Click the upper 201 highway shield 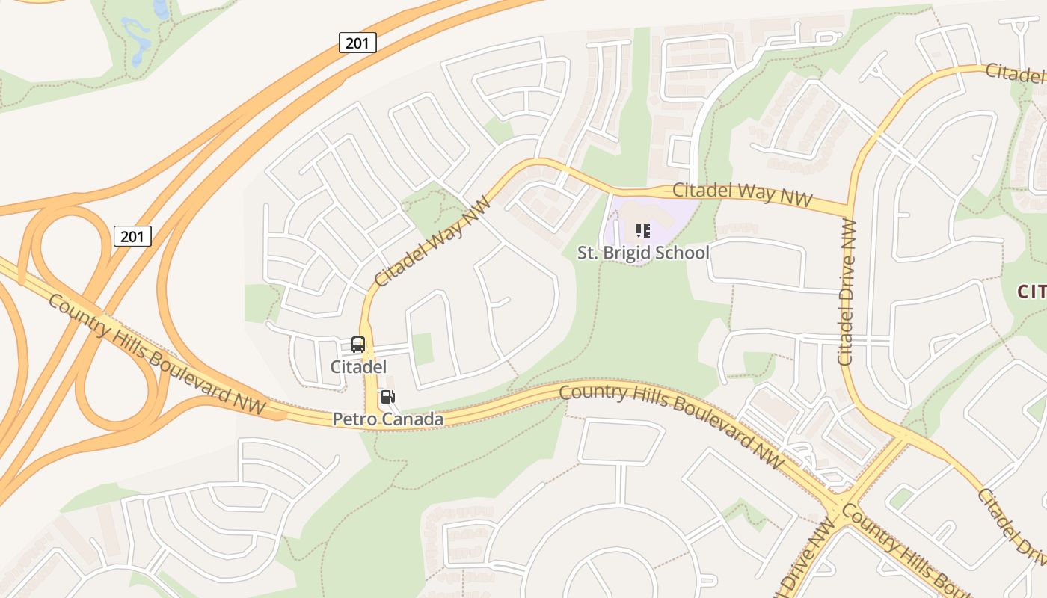coord(357,43)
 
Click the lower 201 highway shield coord(132,237)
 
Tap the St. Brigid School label coord(643,253)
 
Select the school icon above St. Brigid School coord(642,231)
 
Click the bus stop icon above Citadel coord(358,345)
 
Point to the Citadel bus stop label coord(358,366)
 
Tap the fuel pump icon coord(387,397)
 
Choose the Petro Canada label coord(387,419)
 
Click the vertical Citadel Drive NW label coord(847,292)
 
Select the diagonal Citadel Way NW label coord(433,241)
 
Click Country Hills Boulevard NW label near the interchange coord(156,354)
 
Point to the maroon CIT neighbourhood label coord(1031,292)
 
